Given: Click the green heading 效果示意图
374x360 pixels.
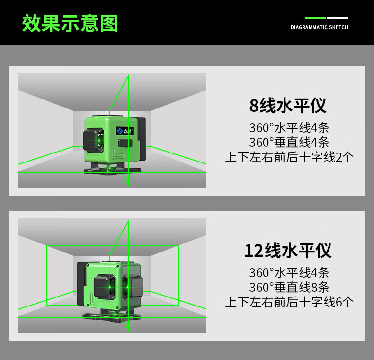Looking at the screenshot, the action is click(70, 23).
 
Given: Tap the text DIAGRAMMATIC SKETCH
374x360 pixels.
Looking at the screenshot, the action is click(320, 27).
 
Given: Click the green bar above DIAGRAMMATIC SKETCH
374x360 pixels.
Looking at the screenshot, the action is click(315, 18).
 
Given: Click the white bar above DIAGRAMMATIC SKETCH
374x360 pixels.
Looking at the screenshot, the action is click(338, 18).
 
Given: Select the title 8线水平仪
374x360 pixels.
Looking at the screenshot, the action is click(288, 105).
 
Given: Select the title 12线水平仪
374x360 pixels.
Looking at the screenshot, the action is click(288, 251).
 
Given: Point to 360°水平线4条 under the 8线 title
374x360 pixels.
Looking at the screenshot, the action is click(289, 127).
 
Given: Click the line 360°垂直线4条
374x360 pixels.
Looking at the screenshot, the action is click(289, 142).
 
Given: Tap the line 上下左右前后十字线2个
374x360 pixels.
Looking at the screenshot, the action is click(289, 157).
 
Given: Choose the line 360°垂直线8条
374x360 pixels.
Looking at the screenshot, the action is click(289, 287).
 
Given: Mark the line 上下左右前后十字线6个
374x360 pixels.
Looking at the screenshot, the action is click(289, 302).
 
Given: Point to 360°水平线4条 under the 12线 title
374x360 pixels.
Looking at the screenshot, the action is click(289, 272).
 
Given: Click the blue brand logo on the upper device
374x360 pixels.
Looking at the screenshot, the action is click(125, 131).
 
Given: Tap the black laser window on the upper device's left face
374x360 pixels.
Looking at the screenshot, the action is click(93, 140).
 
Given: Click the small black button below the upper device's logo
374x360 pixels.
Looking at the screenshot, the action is click(125, 143).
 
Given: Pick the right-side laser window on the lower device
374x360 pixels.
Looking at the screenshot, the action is click(133, 286).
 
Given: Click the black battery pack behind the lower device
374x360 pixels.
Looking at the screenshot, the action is click(81, 284).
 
